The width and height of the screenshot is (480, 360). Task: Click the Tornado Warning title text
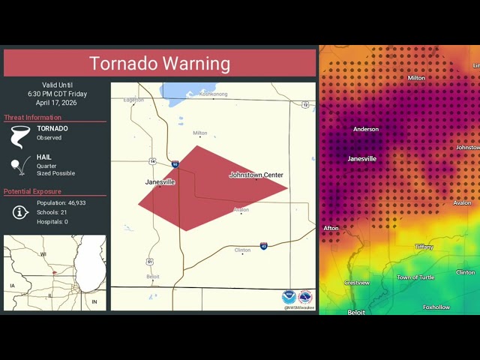tap(160, 64)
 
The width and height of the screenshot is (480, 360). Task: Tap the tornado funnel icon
tap(20, 135)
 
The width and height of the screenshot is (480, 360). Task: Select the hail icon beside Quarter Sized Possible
tap(19, 167)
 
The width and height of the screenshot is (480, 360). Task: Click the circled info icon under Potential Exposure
tap(21, 212)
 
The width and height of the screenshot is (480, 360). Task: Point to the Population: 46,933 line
tap(61, 203)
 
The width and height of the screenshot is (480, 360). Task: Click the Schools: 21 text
tap(52, 212)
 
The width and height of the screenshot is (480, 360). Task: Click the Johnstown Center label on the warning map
tap(256, 175)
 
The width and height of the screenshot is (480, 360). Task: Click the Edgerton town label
tap(133, 100)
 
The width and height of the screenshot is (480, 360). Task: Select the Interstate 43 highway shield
tap(264, 246)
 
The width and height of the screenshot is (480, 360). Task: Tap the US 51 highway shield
tap(150, 261)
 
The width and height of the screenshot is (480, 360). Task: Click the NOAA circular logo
tap(289, 297)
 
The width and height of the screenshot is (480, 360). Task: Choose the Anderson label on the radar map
tap(366, 129)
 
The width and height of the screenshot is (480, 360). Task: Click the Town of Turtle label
tap(415, 277)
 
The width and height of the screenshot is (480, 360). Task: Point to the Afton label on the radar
tap(331, 228)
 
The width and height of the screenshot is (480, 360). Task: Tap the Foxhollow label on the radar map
tap(436, 307)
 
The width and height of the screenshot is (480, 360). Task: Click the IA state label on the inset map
tap(12, 286)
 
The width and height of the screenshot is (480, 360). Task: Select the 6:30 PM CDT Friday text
tap(58, 94)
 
